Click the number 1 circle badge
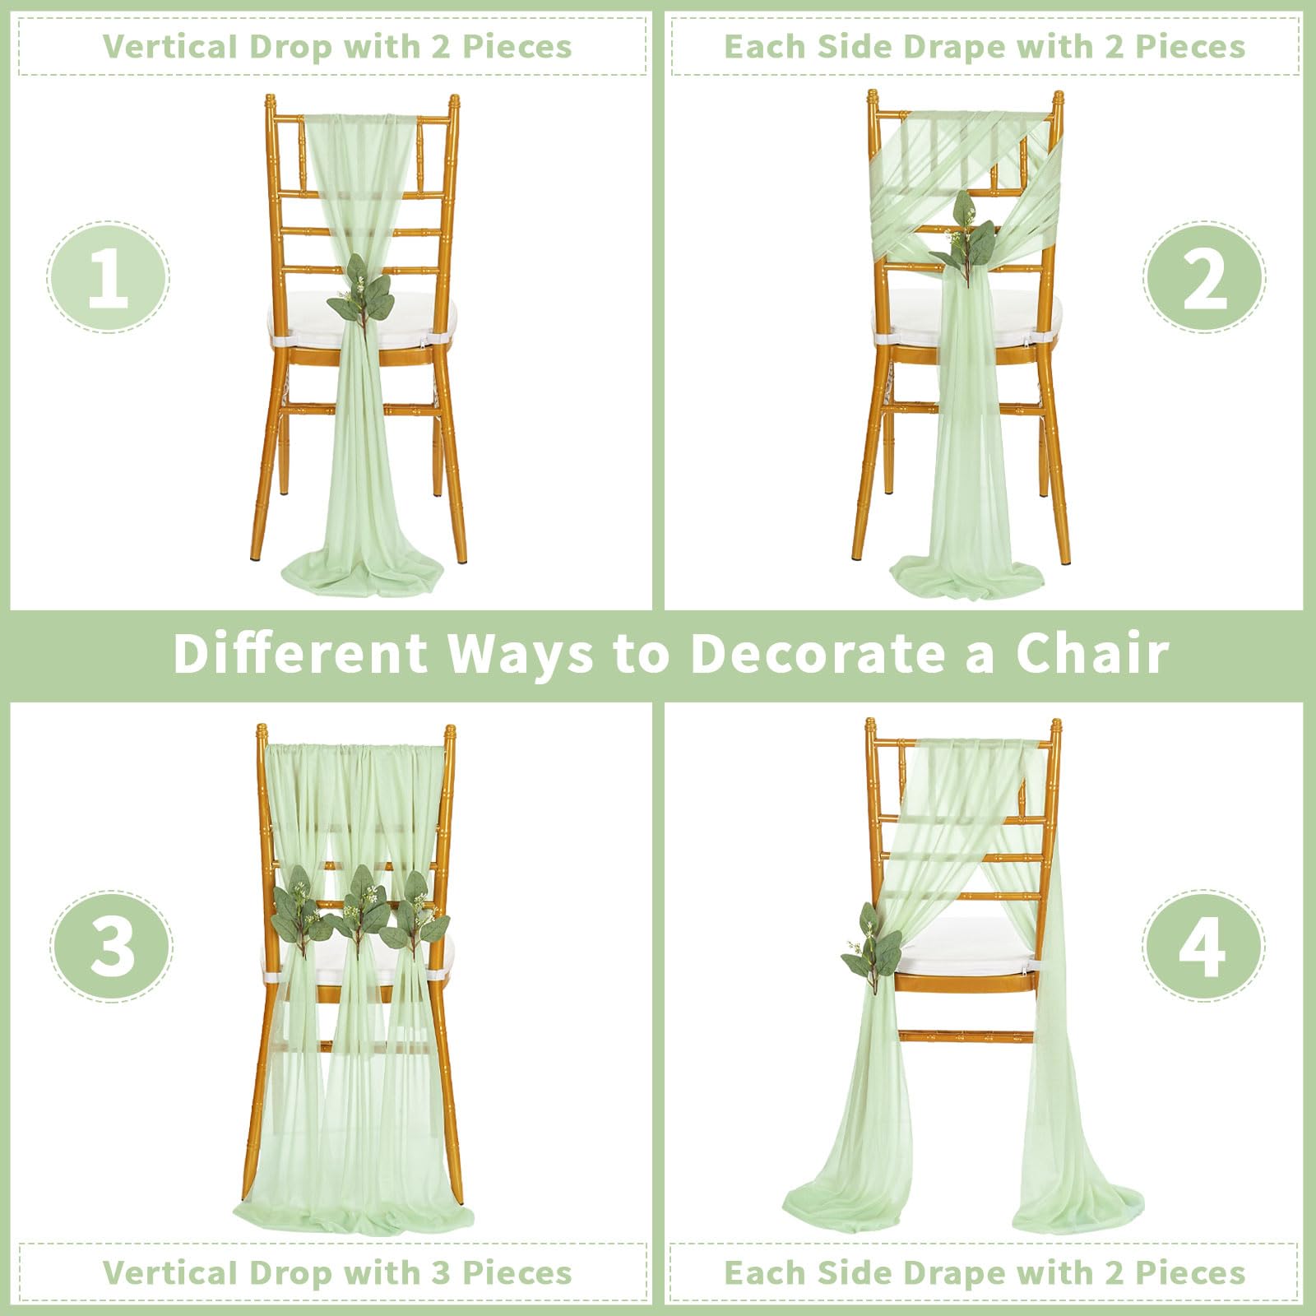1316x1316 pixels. (108, 277)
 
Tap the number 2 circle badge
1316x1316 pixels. (1204, 277)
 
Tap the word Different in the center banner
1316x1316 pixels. (301, 654)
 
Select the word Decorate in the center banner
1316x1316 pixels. (817, 654)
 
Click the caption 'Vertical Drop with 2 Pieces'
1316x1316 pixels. (337, 46)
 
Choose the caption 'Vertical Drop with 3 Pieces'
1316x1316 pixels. (337, 1272)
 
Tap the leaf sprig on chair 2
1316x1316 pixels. (957, 232)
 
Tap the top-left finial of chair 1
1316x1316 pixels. (270, 104)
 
